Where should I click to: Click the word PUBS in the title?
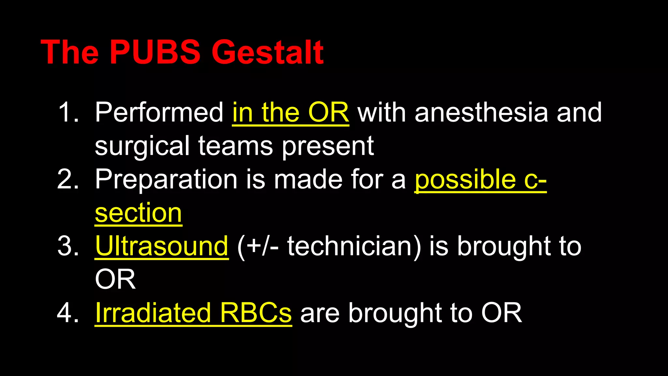155,52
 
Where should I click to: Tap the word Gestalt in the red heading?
267,52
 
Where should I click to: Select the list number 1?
68,113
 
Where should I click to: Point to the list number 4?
68,313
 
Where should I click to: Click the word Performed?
159,113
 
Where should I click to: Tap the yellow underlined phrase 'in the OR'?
290,113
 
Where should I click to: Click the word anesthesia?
481,113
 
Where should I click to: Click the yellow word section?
138,213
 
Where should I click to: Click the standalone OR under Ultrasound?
115,280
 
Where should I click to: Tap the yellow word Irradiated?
153,313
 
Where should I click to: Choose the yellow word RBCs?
256,313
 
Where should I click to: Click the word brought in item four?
395,313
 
